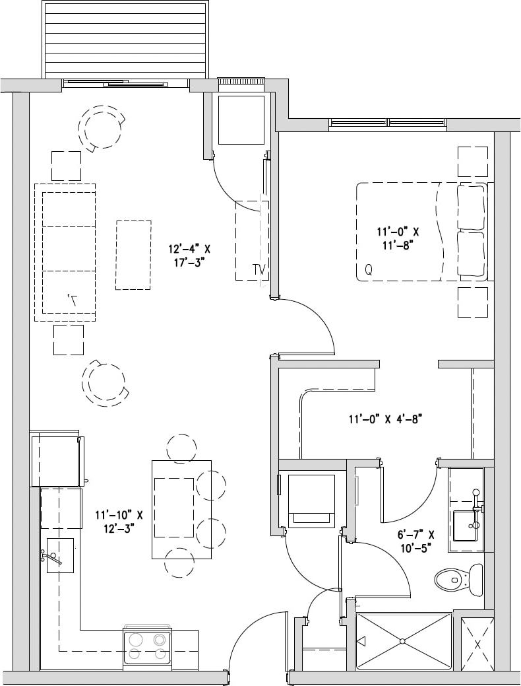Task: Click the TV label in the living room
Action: tap(259, 269)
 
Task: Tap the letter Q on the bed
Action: tap(368, 269)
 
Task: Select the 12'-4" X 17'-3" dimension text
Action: tap(189, 255)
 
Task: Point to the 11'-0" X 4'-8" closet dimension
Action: tap(384, 419)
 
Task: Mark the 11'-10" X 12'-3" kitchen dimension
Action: tap(119, 522)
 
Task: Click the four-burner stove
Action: tap(148, 646)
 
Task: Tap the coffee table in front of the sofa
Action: tap(133, 255)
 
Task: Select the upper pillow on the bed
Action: tap(471, 207)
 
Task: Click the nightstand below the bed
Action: tap(472, 302)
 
